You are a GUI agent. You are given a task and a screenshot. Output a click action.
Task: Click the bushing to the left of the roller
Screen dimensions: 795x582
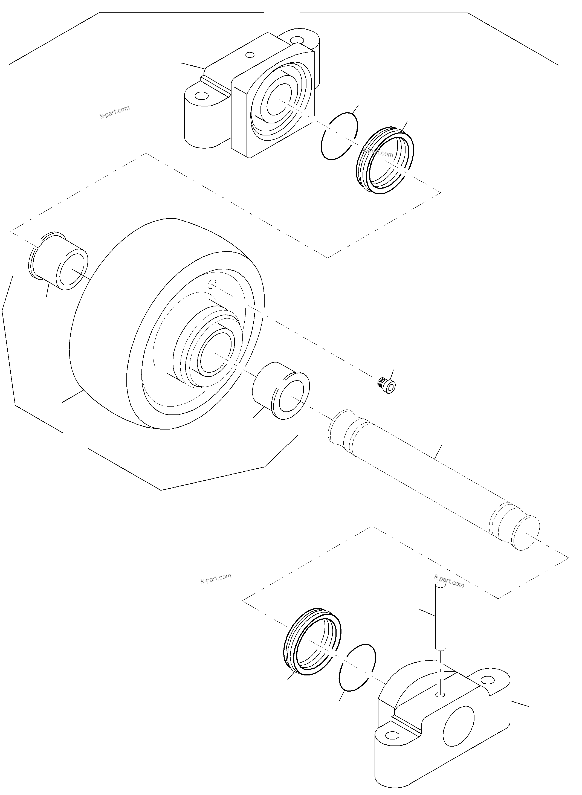pyautogui.click(x=58, y=261)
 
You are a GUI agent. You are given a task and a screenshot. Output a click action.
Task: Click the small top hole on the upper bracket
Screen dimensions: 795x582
pyautogui.click(x=250, y=55)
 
